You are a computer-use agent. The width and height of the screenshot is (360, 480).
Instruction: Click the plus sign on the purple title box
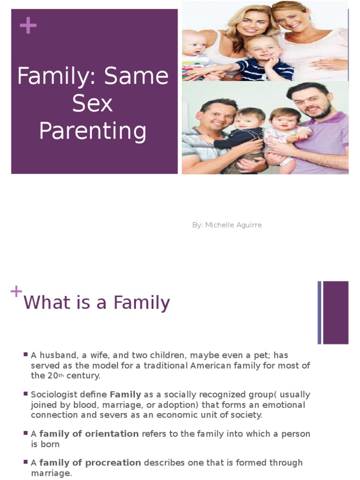[x=28, y=25]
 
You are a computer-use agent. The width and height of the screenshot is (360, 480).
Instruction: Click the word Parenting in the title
[x=93, y=131]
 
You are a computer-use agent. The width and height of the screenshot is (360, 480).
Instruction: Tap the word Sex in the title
[x=92, y=103]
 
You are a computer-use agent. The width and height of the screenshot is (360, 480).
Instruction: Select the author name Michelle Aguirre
[x=233, y=225]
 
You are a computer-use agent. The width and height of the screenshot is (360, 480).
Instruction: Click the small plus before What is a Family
[x=16, y=292]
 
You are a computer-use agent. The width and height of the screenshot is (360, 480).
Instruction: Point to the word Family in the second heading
[x=142, y=303]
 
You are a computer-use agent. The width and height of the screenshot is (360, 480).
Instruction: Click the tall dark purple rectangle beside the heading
[x=336, y=313]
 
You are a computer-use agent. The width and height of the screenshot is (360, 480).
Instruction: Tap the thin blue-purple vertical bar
[x=320, y=313]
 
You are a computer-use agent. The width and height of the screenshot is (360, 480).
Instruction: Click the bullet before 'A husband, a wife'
[x=26, y=354]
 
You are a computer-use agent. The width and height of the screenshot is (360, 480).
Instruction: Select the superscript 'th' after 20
[x=61, y=375]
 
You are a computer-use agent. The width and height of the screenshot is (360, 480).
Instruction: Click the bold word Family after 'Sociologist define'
[x=126, y=395]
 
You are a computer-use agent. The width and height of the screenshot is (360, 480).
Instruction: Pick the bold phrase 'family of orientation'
[x=89, y=434]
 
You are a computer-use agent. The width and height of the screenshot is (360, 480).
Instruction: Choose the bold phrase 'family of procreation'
[x=90, y=463]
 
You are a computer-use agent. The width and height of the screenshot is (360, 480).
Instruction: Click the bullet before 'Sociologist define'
[x=26, y=394]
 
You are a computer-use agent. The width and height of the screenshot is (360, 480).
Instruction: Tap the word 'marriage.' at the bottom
[x=52, y=473]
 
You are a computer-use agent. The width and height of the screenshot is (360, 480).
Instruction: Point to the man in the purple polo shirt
[x=315, y=128]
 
